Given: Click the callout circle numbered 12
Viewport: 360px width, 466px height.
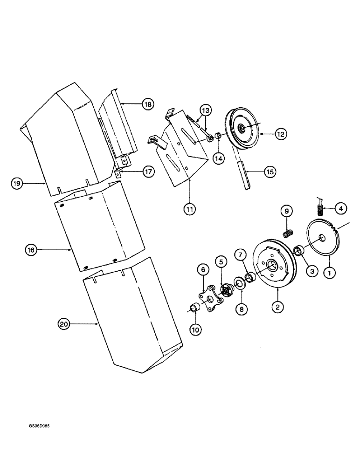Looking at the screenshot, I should point(280,134).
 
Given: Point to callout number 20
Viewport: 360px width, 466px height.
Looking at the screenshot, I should point(63,323).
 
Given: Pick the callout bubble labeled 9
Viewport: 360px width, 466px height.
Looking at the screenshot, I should point(287,212).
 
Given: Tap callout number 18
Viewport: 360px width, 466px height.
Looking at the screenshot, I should point(148,104).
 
